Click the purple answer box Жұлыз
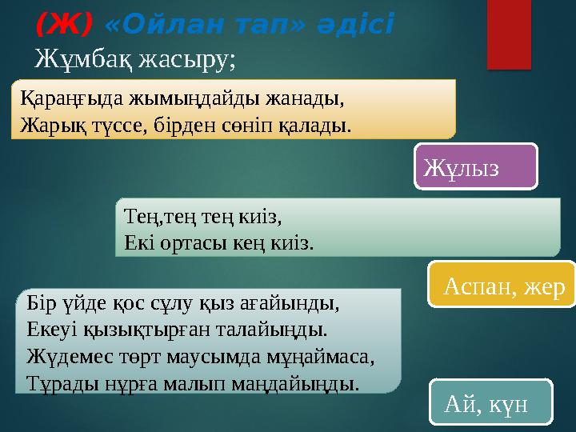[x=476, y=167]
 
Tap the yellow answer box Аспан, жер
[x=502, y=285]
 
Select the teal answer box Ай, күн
[x=491, y=402]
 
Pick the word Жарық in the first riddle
[x=49, y=125]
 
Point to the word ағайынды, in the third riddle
[x=296, y=305]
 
